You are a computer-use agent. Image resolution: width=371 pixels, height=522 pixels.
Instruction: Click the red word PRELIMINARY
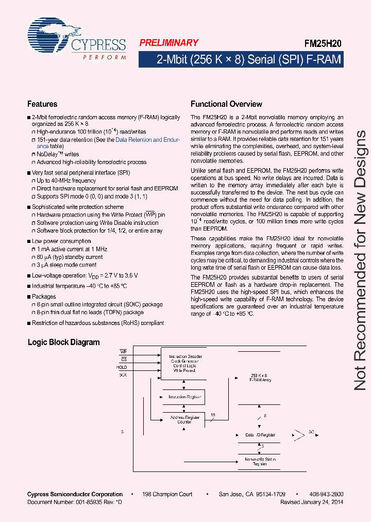click(x=168, y=43)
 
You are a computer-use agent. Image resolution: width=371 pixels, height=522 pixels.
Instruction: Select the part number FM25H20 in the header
click(x=323, y=44)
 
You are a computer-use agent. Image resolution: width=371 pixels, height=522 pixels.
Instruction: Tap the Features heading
click(x=42, y=104)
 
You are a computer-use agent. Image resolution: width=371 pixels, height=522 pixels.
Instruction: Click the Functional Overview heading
click(x=226, y=104)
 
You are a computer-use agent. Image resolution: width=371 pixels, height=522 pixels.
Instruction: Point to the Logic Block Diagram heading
click(x=63, y=342)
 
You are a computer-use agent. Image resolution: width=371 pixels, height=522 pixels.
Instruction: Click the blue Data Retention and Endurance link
click(x=146, y=140)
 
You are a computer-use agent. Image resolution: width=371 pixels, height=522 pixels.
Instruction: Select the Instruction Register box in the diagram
click(x=183, y=397)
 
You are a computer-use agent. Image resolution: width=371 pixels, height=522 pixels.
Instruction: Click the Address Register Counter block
click(x=184, y=419)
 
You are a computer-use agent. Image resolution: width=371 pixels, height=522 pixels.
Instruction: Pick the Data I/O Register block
click(x=260, y=435)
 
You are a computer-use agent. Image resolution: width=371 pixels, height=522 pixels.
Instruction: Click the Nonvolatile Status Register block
click(x=260, y=461)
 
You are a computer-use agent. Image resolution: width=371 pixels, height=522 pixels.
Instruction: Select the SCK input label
click(x=123, y=375)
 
